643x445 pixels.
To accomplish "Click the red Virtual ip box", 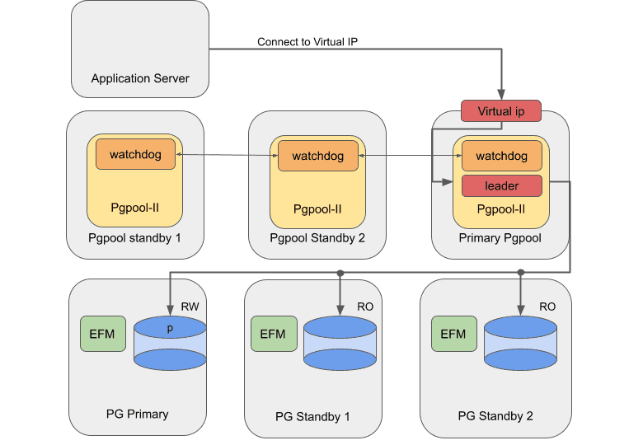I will click(x=501, y=111).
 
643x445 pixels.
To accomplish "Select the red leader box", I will click(x=501, y=186).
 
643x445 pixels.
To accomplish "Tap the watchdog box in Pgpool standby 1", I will click(x=135, y=155).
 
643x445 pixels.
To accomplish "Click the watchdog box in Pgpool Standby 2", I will click(x=317, y=156).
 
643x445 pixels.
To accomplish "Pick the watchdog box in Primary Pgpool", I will click(x=501, y=156).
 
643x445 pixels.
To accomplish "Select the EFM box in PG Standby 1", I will click(x=273, y=334).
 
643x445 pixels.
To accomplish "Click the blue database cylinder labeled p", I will click(x=169, y=343).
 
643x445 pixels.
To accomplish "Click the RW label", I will click(x=191, y=306).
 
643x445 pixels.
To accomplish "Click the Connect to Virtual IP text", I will click(x=307, y=42).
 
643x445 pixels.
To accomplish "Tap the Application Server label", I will click(x=140, y=79).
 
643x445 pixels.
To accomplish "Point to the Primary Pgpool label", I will click(x=500, y=238).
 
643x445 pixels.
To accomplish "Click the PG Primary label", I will click(x=137, y=414).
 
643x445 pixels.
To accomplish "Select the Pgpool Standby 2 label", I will click(x=317, y=238).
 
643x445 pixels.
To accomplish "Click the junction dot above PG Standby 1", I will click(x=340, y=272).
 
